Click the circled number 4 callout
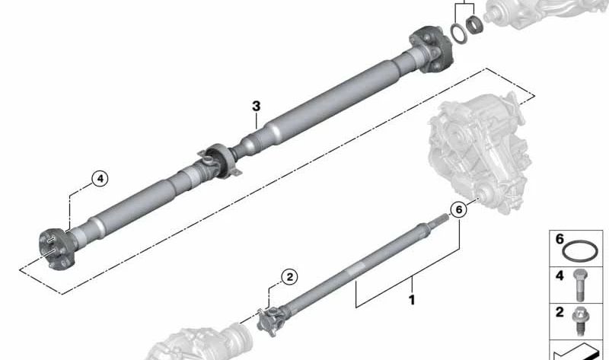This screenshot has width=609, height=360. point(100,180)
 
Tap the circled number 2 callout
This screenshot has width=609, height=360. point(289,278)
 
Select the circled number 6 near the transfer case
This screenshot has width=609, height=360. point(458,209)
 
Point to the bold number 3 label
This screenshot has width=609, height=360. point(257,106)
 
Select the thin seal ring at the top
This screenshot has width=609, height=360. point(459,33)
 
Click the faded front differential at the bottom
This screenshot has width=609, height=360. point(194,342)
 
